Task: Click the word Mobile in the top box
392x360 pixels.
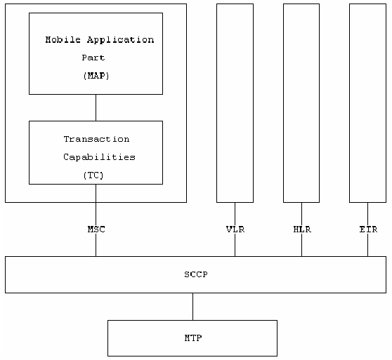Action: pyautogui.click(x=63, y=40)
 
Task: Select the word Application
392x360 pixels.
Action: pyautogui.click(x=121, y=40)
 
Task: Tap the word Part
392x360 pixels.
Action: pyautogui.click(x=93, y=58)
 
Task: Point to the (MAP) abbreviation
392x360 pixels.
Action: pyautogui.click(x=96, y=76)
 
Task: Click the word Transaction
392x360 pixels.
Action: pyautogui.click(x=96, y=139)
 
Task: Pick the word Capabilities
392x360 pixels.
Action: pyautogui.click(x=99, y=157)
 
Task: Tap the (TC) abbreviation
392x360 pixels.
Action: pyautogui.click(x=93, y=175)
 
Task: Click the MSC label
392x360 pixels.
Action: pyautogui.click(x=96, y=229)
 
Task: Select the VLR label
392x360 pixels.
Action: pyautogui.click(x=235, y=229)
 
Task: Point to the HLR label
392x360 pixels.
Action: pyautogui.click(x=302, y=229)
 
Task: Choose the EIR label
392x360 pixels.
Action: pyautogui.click(x=368, y=229)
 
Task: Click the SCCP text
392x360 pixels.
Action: pyautogui.click(x=196, y=274)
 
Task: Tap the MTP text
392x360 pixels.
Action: pyautogui.click(x=193, y=338)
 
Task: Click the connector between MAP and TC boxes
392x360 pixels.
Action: pyautogui.click(x=96, y=107)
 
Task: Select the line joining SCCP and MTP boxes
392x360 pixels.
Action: pyautogui.click(x=192, y=307)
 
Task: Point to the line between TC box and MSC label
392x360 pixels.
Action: pyautogui.click(x=96, y=205)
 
